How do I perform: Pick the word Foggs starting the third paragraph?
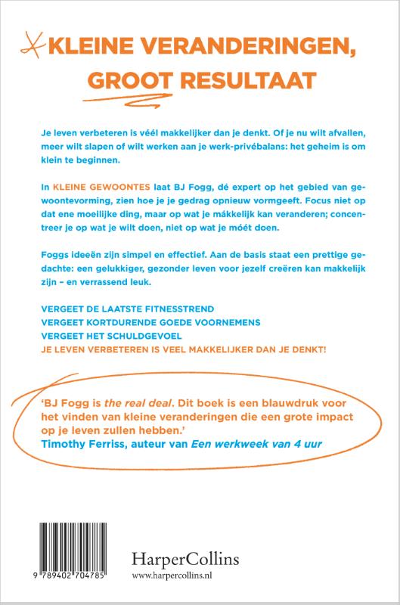pyautogui.click(x=44, y=251)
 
